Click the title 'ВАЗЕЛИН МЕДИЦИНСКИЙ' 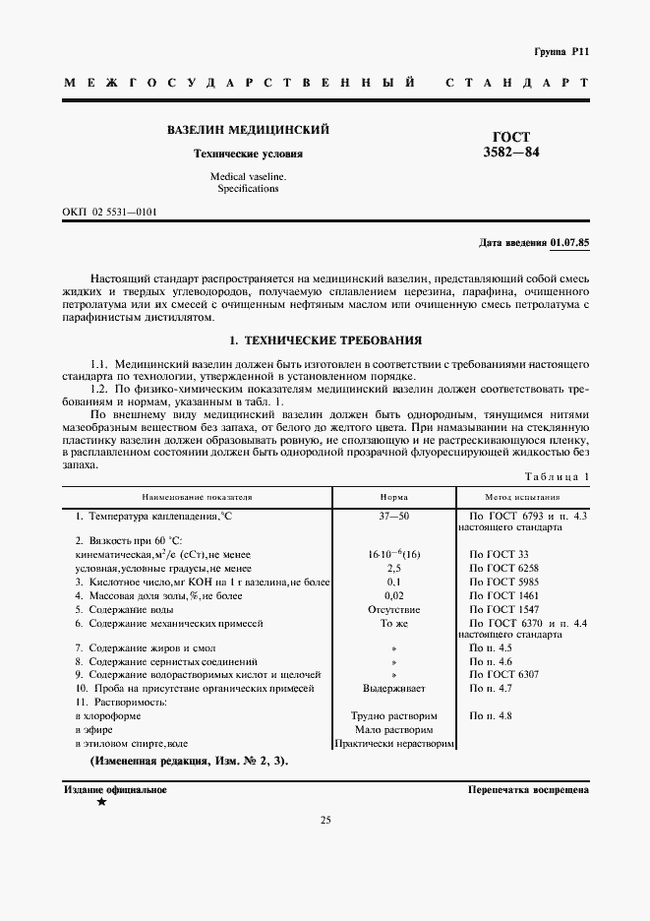click(248, 130)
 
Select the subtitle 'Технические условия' click(248, 154)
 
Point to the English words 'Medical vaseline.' click(248, 176)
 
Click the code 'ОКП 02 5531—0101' click(110, 213)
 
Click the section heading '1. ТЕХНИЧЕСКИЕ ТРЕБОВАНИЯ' click(325, 340)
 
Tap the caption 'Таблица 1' click(557, 477)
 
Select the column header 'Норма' click(393, 498)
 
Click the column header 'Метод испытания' click(522, 498)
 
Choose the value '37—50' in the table click(393, 516)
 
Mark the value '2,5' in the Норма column click(393, 569)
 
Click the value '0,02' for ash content click(393, 596)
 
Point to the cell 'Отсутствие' click(393, 610)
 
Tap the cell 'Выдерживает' click(393, 689)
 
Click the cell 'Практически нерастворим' click(393, 744)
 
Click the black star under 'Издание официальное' click(101, 802)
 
